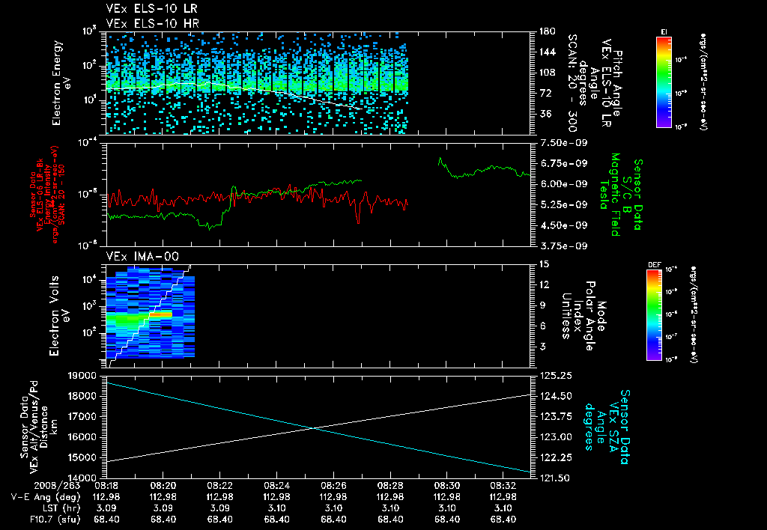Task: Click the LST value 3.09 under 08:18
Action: (106, 508)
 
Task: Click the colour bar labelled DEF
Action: (664, 314)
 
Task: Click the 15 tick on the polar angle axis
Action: (544, 264)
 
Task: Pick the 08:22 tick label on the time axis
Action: (219, 485)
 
